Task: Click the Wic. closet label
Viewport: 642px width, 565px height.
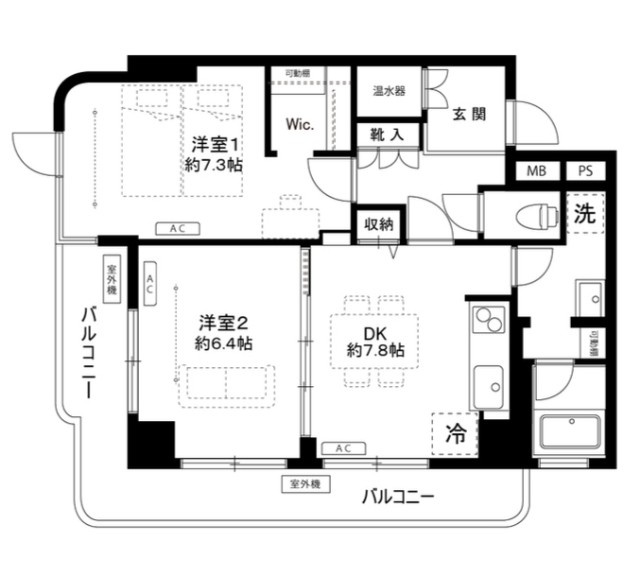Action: [x=299, y=125]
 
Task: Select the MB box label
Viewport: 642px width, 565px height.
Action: [x=537, y=171]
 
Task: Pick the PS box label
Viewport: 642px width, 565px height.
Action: [x=584, y=171]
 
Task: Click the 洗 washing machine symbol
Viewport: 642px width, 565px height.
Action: [x=584, y=212]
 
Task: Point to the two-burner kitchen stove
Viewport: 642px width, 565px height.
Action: [x=488, y=322]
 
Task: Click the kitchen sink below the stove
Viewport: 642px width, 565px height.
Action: [x=489, y=383]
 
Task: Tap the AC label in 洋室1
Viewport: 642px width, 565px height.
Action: [x=176, y=229]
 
